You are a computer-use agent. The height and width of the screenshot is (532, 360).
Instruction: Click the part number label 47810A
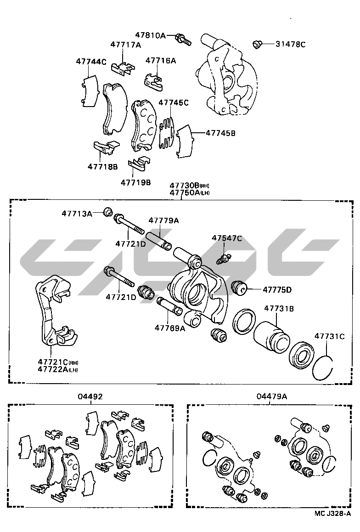pyautogui.click(x=150, y=35)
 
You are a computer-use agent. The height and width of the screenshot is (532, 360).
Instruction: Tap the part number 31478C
pyautogui.click(x=290, y=45)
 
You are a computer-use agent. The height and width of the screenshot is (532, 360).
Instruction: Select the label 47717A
pyautogui.click(x=125, y=45)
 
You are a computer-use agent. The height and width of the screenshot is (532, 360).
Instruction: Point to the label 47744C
pyautogui.click(x=91, y=61)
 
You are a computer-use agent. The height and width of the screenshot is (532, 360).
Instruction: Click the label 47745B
pyautogui.click(x=220, y=133)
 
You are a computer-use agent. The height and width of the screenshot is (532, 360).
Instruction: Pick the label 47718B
pyautogui.click(x=103, y=166)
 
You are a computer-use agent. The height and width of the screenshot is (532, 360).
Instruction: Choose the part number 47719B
pyautogui.click(x=136, y=182)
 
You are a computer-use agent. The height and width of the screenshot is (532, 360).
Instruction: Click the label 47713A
pyautogui.click(x=77, y=213)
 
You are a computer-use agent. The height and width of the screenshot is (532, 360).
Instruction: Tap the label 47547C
pyautogui.click(x=227, y=238)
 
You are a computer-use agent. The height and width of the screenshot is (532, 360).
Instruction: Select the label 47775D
pyautogui.click(x=277, y=289)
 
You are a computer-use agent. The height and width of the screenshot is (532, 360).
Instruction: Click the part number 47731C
pyautogui.click(x=329, y=336)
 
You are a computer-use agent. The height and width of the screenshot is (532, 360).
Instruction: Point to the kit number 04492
pyautogui.click(x=90, y=396)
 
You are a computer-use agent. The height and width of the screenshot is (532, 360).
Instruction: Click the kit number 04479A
pyautogui.click(x=272, y=396)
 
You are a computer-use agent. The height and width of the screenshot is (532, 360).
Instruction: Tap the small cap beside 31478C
pyautogui.click(x=257, y=45)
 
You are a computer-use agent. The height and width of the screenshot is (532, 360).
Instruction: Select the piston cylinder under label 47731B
pyautogui.click(x=272, y=336)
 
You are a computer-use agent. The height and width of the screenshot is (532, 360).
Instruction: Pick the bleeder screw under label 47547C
pyautogui.click(x=225, y=258)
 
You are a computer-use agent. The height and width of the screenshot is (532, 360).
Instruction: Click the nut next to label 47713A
pyautogui.click(x=108, y=212)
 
